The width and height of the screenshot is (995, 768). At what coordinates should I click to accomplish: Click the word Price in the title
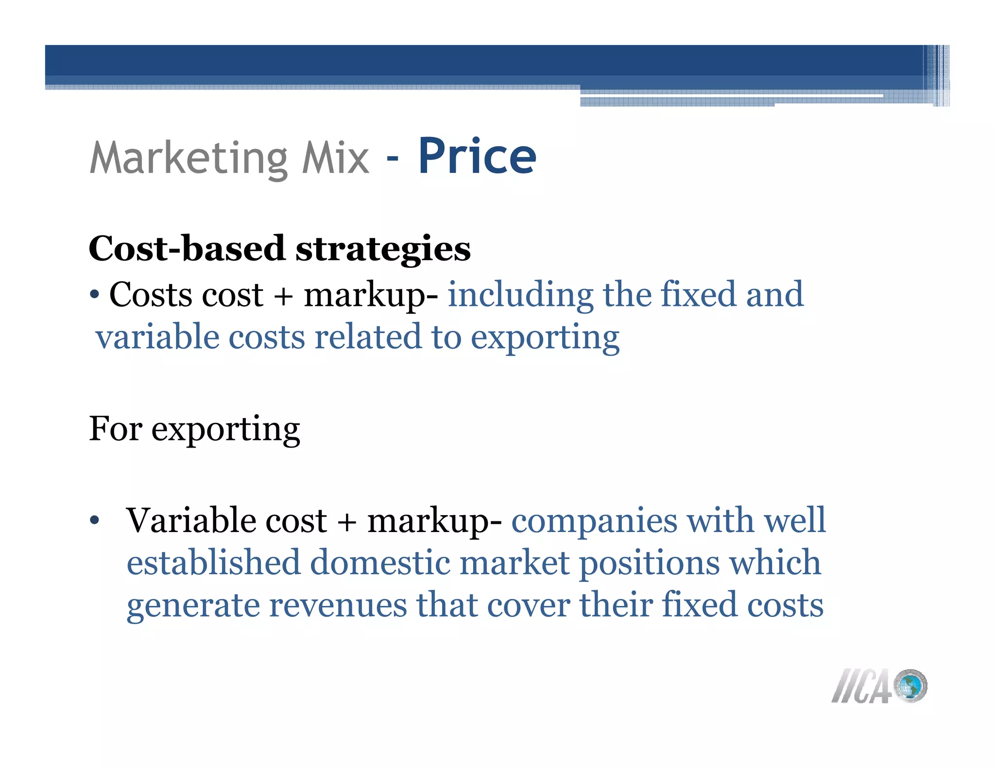477,156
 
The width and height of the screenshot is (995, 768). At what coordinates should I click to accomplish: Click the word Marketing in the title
189,158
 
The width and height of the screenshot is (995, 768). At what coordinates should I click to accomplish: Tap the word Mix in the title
335,157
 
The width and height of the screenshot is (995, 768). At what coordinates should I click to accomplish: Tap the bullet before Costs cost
95,295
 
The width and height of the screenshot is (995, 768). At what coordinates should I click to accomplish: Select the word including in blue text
520,295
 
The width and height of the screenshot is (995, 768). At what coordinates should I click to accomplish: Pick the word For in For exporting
115,429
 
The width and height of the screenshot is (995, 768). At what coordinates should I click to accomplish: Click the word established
213,563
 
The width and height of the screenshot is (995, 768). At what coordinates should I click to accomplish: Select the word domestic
380,563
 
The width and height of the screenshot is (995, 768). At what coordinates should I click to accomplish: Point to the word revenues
338,605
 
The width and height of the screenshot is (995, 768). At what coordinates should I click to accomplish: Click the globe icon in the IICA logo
910,685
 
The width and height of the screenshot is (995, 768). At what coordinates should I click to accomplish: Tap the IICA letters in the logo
861,686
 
